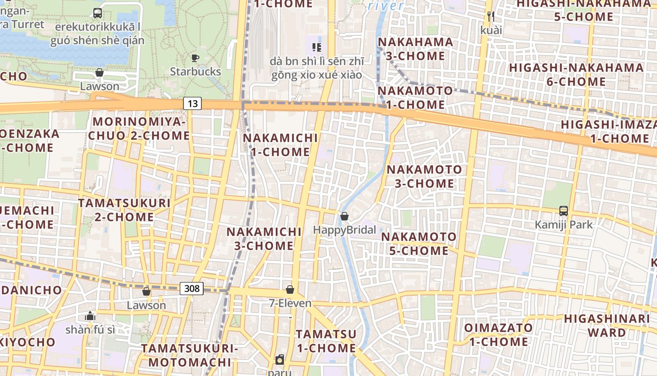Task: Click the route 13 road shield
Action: [x=192, y=103]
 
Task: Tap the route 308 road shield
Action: [x=192, y=288]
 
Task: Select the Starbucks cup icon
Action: [x=195, y=58]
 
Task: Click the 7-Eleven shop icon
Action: [x=290, y=290]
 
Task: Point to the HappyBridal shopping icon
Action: [x=344, y=216]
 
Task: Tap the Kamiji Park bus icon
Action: [x=564, y=211]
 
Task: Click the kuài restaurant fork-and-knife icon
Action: [x=491, y=16]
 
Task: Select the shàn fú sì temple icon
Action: [x=90, y=315]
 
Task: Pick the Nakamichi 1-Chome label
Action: [x=280, y=145]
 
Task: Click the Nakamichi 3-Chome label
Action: [x=264, y=239]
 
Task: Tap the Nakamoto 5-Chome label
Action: [x=419, y=243]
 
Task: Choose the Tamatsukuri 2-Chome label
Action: [x=124, y=210]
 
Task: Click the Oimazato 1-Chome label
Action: [x=498, y=335]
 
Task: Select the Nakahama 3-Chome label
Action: [x=415, y=49]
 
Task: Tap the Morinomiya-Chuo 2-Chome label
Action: [x=141, y=129]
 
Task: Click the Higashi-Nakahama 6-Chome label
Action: [x=576, y=74]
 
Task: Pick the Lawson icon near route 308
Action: [x=146, y=291]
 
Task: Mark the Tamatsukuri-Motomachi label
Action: [x=190, y=355]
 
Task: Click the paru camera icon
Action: [x=280, y=360]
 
